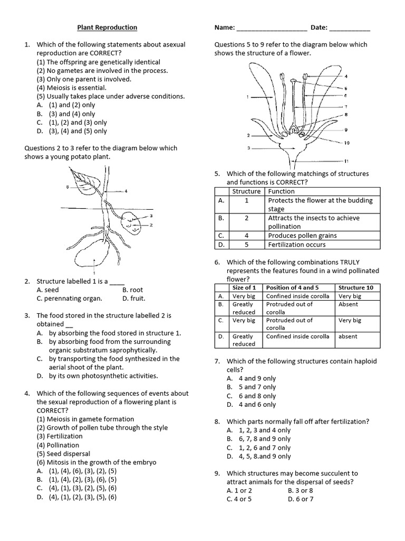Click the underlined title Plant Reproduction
(107, 27)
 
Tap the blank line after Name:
(272, 29)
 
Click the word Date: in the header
(319, 27)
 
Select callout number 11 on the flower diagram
(346, 161)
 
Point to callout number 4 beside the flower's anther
(346, 77)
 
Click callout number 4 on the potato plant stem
(127, 191)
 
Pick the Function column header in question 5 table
(281, 191)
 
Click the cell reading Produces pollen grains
(302, 236)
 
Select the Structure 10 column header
(355, 287)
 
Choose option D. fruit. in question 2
(134, 299)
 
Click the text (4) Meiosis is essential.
(71, 88)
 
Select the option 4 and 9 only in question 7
(251, 378)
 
